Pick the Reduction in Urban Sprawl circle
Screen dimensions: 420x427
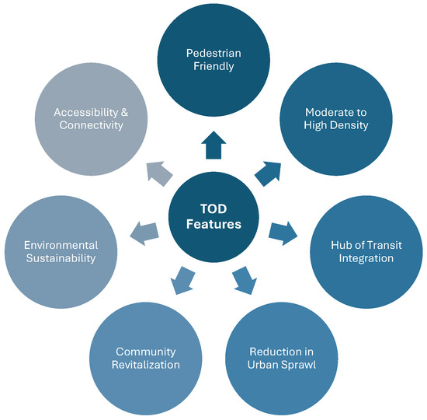(x=283, y=358)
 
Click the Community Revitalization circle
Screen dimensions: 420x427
(x=146, y=358)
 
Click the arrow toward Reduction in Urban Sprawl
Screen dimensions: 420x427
(x=244, y=280)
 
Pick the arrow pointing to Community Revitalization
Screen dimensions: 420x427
(x=183, y=280)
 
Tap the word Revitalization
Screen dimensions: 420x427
(x=146, y=365)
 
